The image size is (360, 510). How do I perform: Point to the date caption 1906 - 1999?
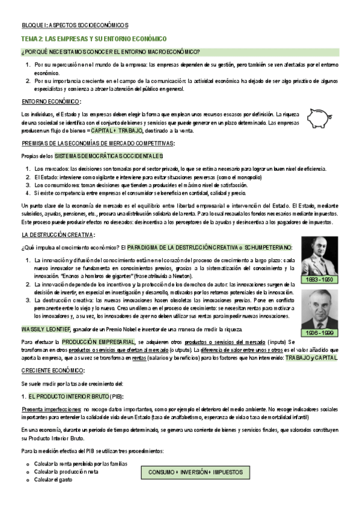coord(319,331)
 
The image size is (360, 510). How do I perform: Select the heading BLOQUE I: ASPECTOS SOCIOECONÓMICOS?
coord(75,25)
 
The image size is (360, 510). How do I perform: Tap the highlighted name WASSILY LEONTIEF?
coord(46,329)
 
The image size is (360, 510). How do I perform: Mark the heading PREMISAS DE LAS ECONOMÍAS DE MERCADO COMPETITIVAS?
coord(98,143)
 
